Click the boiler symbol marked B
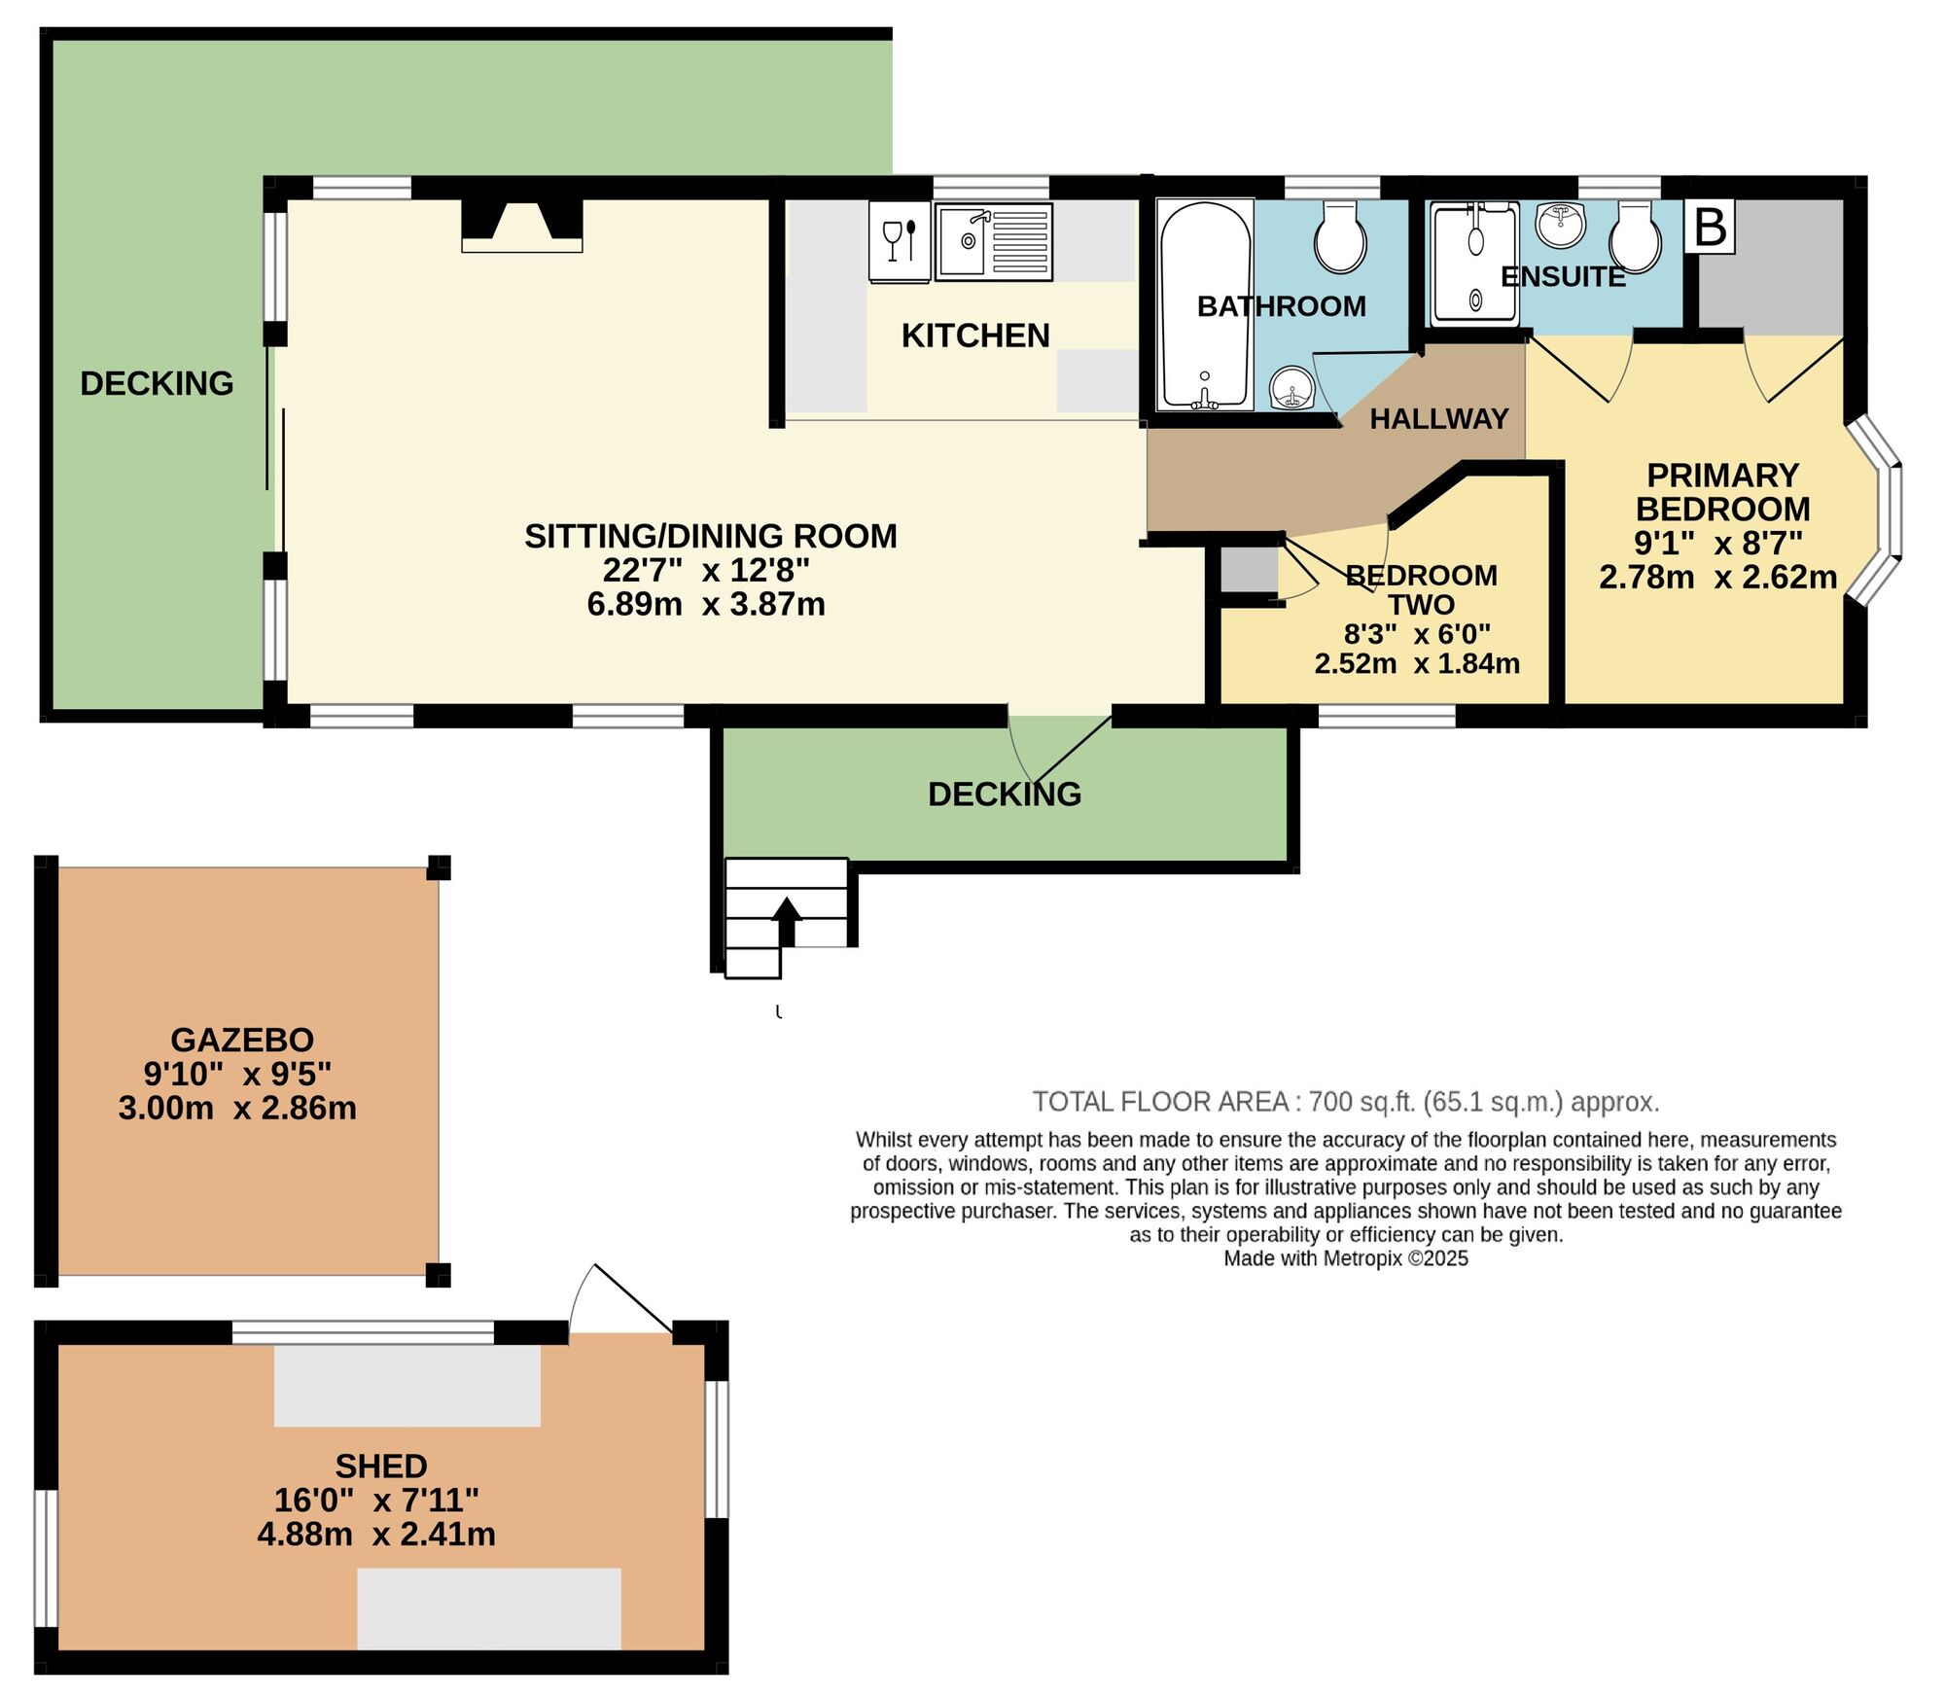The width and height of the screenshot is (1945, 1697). click(1710, 228)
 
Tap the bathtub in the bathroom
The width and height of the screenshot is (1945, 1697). click(1204, 304)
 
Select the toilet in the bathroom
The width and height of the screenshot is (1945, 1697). click(1340, 238)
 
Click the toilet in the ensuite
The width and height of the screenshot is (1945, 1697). click(1635, 236)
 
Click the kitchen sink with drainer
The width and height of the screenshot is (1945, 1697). click(993, 242)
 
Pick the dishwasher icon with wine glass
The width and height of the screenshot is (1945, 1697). click(900, 241)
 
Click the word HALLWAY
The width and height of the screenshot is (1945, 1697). click(1438, 419)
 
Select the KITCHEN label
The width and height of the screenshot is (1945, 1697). click(975, 336)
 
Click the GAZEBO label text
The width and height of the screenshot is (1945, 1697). click(242, 1040)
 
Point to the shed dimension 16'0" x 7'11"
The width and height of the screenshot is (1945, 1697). click(376, 1500)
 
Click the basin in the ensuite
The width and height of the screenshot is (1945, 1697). click(1561, 224)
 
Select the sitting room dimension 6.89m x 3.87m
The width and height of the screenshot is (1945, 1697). click(706, 604)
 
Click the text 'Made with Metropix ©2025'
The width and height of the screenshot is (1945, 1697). click(1345, 1258)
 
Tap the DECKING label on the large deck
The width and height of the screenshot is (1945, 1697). click(157, 383)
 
